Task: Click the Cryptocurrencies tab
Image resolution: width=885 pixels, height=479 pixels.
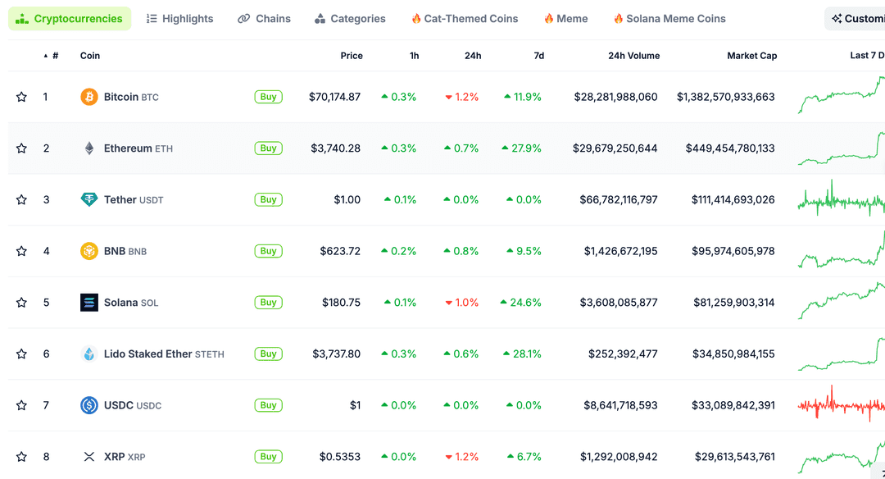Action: tap(70, 19)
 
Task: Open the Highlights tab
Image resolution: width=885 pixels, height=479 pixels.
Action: tap(179, 19)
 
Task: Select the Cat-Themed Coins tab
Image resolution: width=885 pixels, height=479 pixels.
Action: tap(465, 19)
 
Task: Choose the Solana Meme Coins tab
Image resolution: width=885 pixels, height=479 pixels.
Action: tap(669, 19)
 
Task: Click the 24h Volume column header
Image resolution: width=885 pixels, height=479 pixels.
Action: tap(633, 56)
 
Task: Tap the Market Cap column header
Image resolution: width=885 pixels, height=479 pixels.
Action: tap(751, 56)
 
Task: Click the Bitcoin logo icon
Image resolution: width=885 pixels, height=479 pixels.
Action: tap(88, 97)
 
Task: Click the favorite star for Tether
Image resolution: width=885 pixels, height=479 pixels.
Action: tap(21, 200)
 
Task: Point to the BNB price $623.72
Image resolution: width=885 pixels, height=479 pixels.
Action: tap(340, 251)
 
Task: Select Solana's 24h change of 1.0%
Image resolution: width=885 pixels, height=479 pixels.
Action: tap(462, 303)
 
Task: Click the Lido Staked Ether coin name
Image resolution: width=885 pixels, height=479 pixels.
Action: tap(147, 354)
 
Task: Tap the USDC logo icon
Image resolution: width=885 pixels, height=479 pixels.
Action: tap(88, 405)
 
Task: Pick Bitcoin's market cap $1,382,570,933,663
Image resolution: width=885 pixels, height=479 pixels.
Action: tap(725, 97)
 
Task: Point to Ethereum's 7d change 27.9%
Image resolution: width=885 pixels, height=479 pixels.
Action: tap(522, 148)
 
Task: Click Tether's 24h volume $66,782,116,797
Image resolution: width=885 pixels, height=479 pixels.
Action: tap(618, 200)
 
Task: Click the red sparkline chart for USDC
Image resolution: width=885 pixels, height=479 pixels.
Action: tap(840, 405)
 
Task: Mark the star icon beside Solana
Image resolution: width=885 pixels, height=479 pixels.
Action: tap(21, 303)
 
